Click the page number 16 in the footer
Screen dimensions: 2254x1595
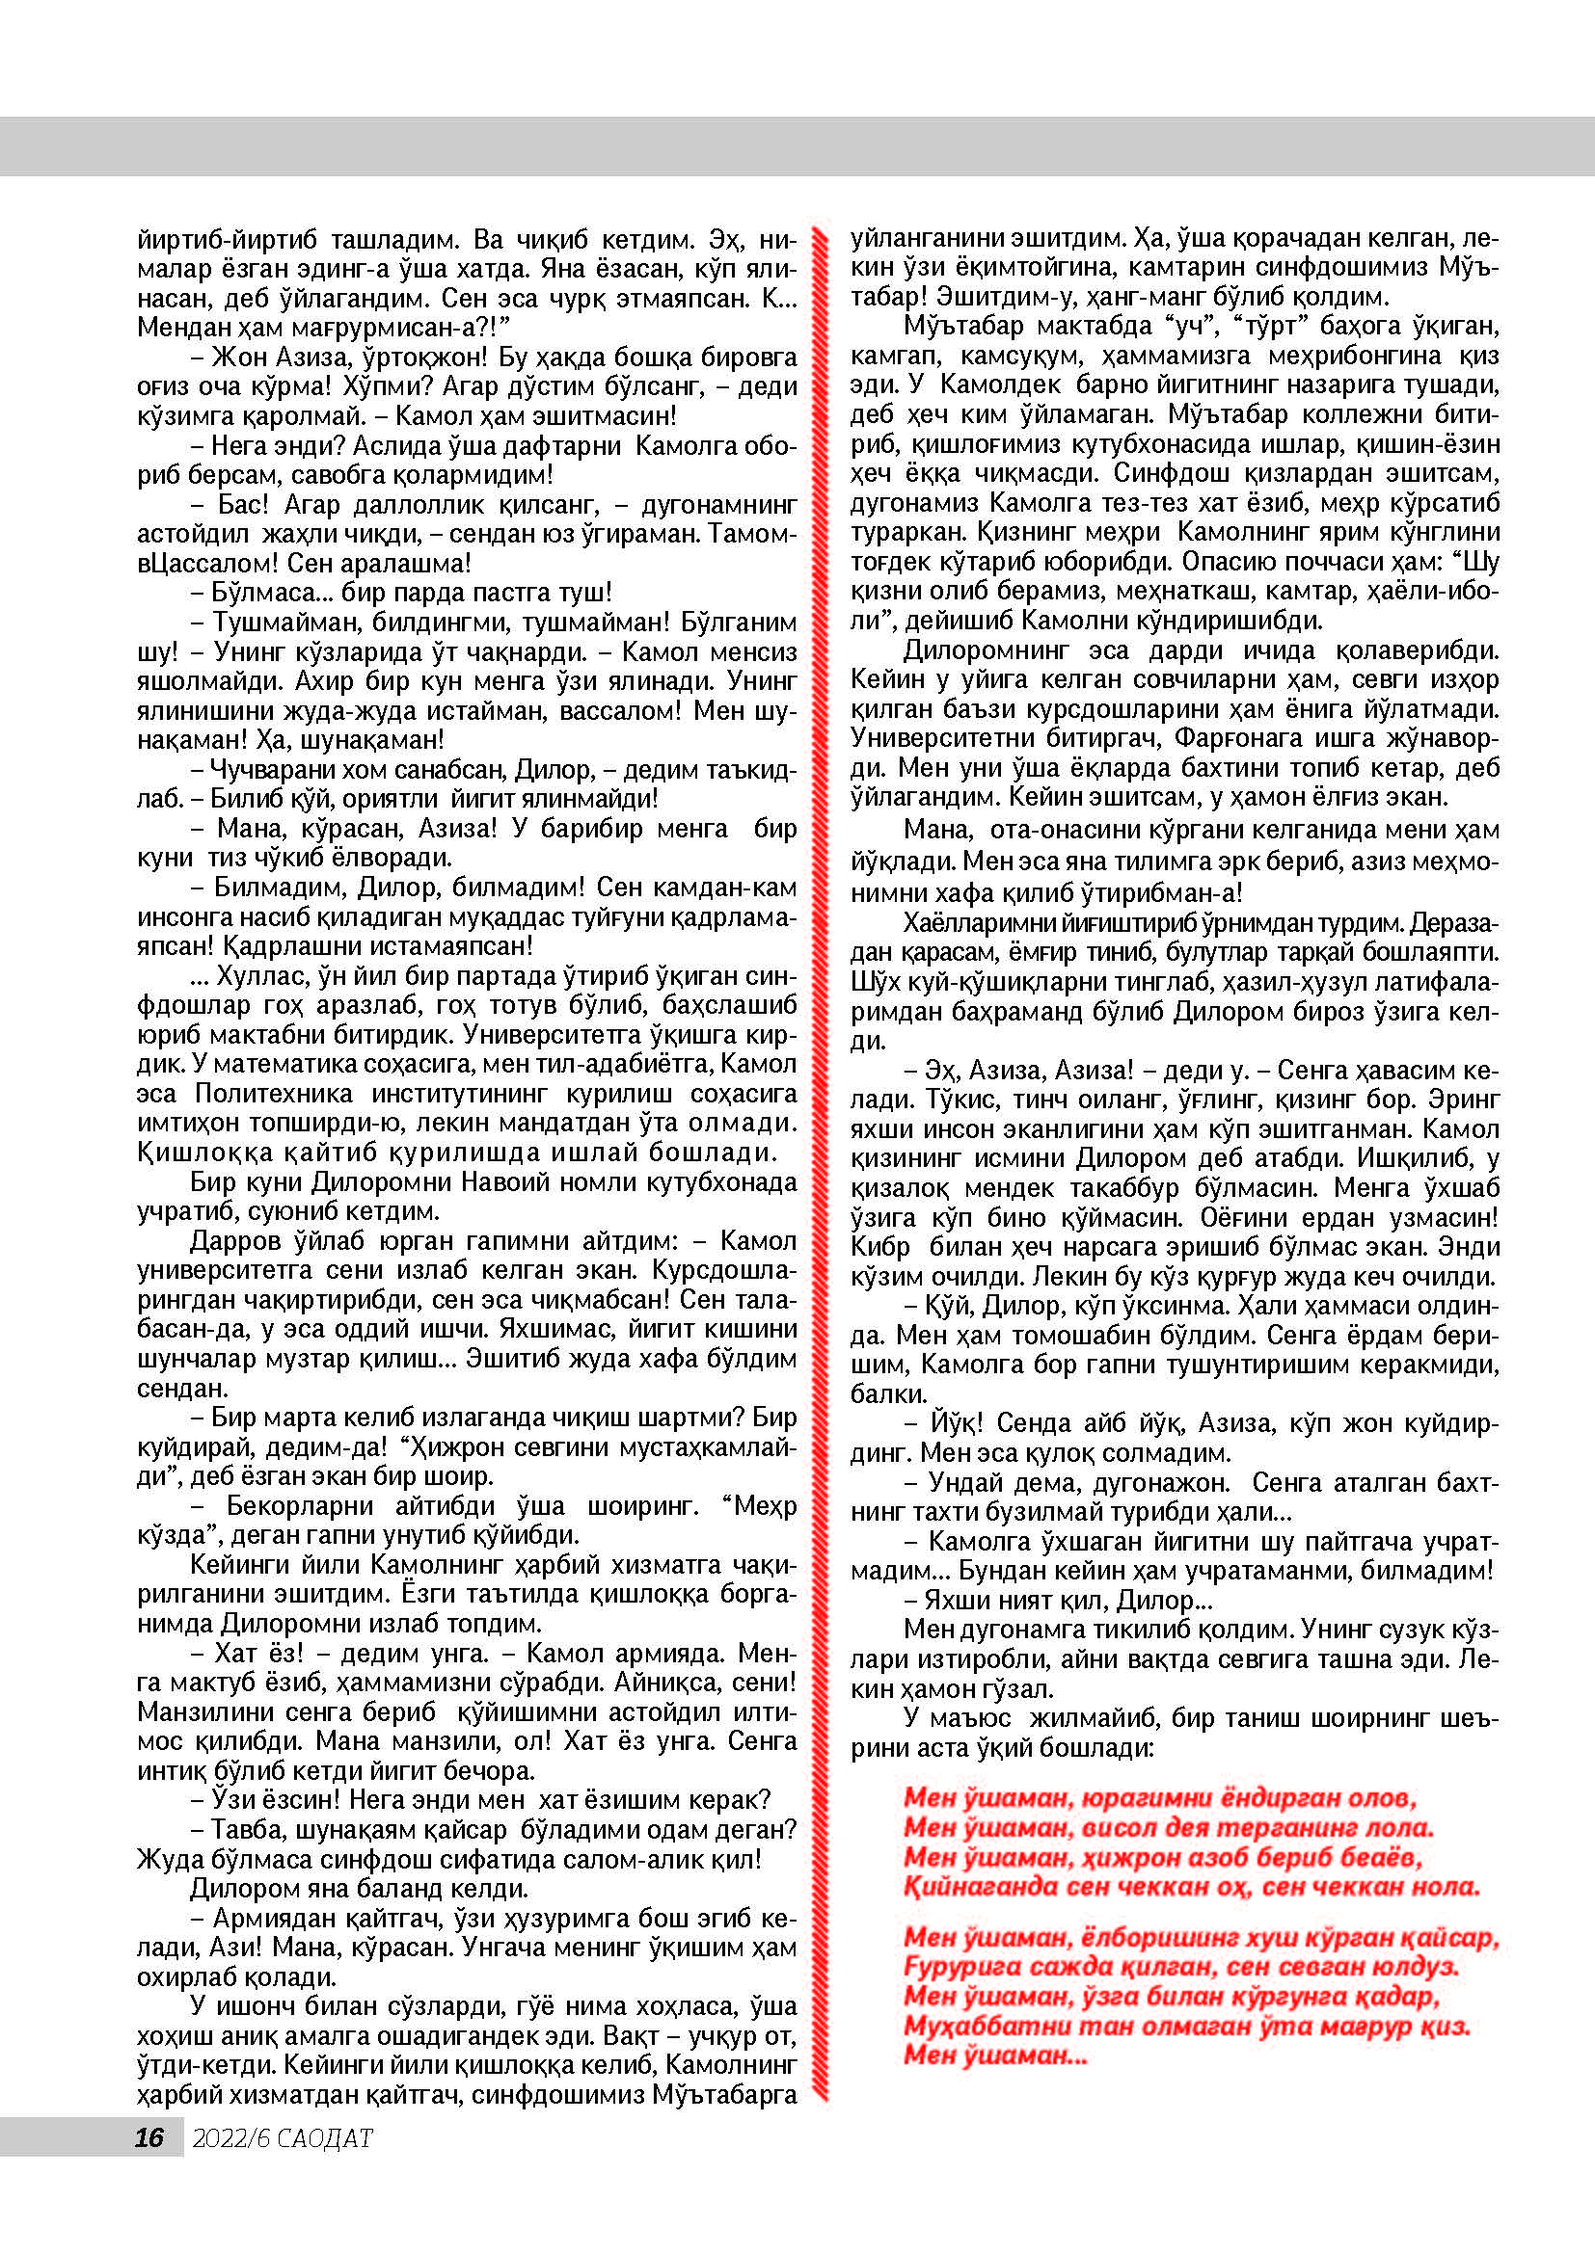pos(149,2137)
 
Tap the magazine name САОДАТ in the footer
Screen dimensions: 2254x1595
pos(325,2138)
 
